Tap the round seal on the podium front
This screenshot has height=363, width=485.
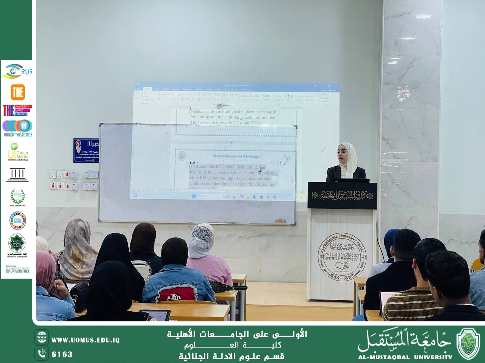click(342, 256)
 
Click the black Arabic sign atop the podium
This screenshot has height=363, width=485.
click(342, 195)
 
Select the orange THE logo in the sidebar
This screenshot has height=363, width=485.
click(18, 92)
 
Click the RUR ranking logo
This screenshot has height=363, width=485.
click(18, 71)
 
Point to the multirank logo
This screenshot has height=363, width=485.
click(17, 128)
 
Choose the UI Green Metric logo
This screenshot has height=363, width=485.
click(17, 152)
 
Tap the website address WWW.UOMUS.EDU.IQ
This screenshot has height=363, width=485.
click(86, 340)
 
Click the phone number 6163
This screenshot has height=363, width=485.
click(62, 354)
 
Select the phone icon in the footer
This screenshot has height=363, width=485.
click(42, 354)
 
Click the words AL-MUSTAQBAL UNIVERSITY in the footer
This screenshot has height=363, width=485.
click(405, 357)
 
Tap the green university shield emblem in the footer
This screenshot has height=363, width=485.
click(468, 343)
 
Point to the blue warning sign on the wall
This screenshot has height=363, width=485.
click(86, 150)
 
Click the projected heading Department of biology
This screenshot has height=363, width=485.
click(236, 156)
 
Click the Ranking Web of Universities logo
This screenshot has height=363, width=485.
click(17, 270)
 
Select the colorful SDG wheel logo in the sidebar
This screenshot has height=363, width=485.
click(17, 220)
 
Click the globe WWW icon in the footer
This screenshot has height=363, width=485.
click(42, 337)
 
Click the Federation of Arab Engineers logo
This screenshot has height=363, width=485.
click(17, 245)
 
